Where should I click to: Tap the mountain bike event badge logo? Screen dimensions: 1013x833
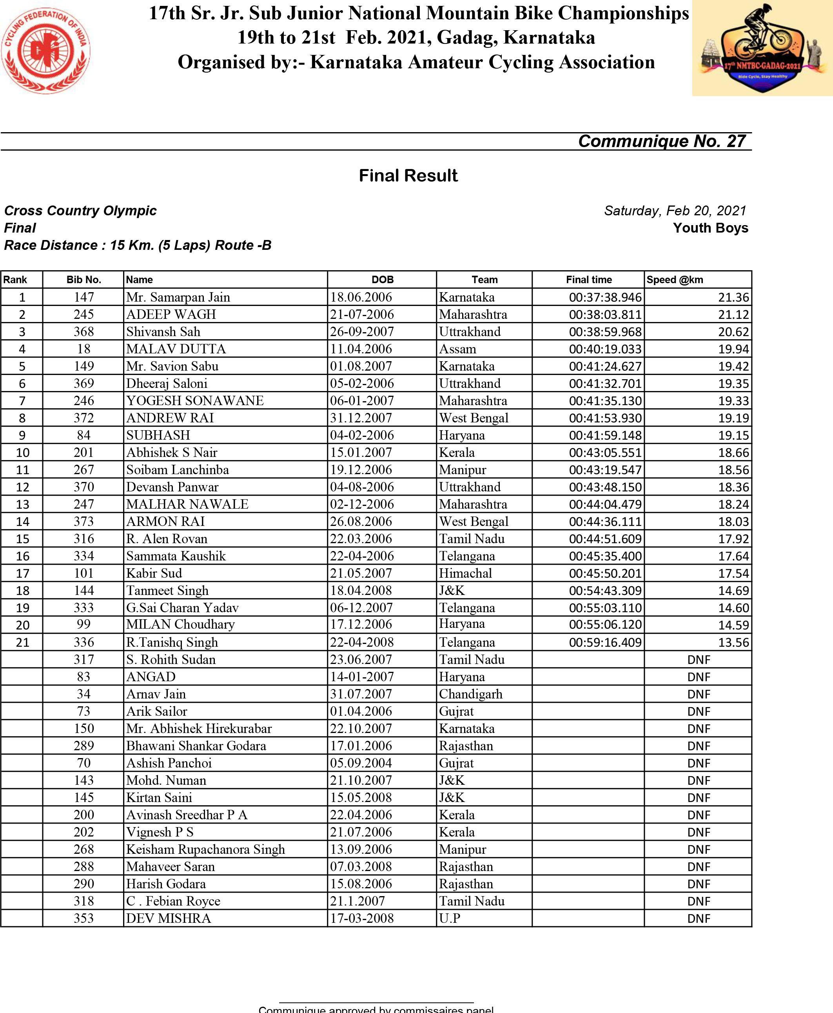(x=762, y=48)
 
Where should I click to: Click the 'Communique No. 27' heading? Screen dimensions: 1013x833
(x=662, y=141)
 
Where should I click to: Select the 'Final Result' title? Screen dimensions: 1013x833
(x=408, y=176)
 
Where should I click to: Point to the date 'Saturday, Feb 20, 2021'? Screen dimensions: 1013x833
(x=675, y=211)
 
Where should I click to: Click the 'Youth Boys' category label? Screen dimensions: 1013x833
(x=710, y=228)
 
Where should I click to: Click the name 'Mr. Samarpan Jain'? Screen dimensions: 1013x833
(x=178, y=297)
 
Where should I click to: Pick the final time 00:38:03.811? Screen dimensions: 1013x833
(x=605, y=315)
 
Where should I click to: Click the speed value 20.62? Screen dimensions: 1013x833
(x=733, y=332)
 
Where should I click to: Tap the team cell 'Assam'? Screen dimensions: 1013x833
(x=457, y=349)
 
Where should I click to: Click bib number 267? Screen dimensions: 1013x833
(x=83, y=470)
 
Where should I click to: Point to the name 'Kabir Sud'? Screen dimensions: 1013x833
(x=154, y=573)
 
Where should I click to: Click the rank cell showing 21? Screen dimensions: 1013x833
(x=23, y=642)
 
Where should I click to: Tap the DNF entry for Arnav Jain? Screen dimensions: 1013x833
(x=698, y=694)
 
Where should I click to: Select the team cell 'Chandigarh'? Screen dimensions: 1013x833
(x=470, y=694)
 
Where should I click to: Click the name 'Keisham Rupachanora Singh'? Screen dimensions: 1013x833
(x=205, y=849)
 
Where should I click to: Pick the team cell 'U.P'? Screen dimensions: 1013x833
(x=450, y=918)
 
